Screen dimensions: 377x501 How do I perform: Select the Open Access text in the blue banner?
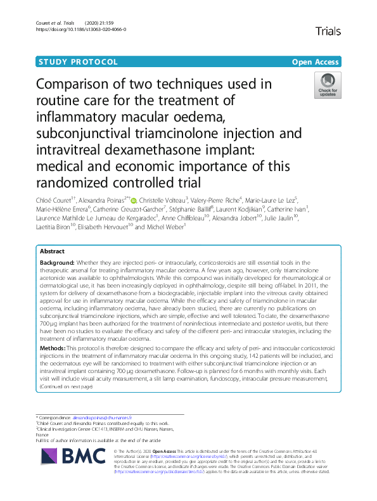(x=316, y=62)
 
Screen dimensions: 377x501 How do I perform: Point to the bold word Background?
(x=59, y=262)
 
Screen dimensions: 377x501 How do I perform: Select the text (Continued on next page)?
(x=66, y=386)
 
